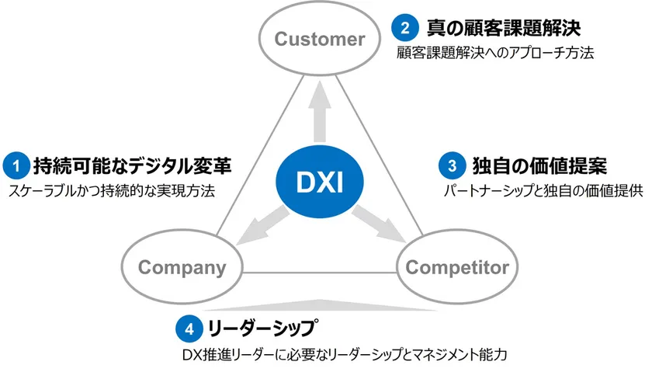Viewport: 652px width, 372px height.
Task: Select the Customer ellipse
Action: click(319, 39)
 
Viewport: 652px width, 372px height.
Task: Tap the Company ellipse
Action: click(182, 269)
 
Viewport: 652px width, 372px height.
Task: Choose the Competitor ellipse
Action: click(457, 269)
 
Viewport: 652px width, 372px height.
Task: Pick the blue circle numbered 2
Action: click(405, 30)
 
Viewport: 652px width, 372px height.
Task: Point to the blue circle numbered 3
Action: click(452, 165)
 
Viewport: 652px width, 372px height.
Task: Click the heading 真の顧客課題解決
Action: click(504, 30)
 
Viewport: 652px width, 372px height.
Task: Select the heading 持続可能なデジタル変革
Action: click(132, 165)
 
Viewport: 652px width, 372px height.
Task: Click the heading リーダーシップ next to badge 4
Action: click(263, 327)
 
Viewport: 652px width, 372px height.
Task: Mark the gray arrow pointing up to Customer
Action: click(319, 117)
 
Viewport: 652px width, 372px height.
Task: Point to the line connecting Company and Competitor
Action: click(321, 272)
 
